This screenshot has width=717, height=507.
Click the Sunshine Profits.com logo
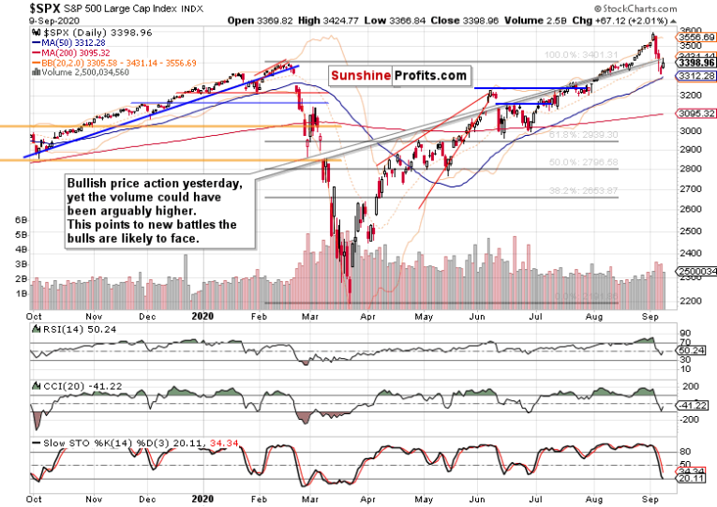point(397,75)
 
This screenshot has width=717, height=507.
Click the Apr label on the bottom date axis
point(366,317)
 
